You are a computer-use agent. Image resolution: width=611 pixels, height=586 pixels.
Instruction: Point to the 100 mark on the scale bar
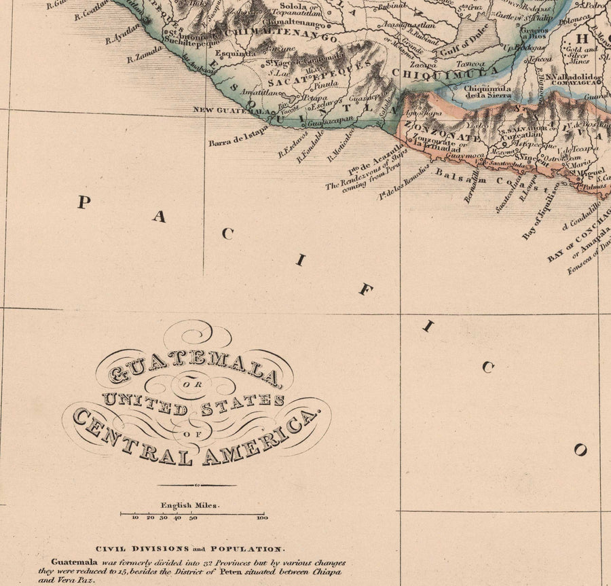262,518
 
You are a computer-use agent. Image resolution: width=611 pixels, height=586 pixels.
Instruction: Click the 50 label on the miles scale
193,518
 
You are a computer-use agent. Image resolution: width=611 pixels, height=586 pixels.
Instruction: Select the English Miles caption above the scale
190,505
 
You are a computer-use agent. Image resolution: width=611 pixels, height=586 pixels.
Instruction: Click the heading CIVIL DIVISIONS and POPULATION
189,548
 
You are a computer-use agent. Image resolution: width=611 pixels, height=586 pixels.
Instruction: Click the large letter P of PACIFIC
84,202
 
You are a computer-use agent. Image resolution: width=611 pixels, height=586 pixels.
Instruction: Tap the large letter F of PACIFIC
365,291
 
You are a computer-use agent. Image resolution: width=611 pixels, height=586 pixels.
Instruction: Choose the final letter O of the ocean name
580,450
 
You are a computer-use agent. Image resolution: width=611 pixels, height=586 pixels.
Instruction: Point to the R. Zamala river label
144,54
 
